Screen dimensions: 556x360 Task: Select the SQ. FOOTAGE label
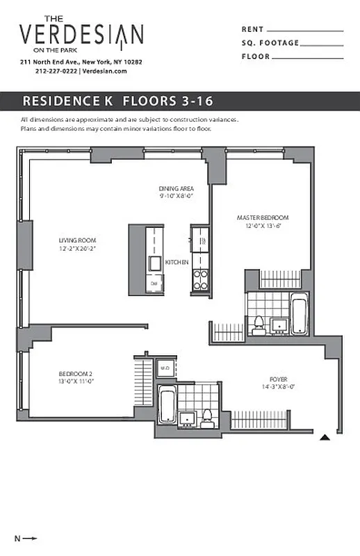[270, 43]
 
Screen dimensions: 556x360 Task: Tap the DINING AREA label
[176, 188]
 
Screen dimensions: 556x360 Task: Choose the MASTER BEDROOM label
[262, 218]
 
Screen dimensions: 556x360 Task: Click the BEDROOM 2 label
[76, 375]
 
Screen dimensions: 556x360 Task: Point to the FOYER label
[279, 379]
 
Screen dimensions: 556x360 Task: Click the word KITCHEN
[177, 262]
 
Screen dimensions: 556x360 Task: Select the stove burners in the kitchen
[200, 279]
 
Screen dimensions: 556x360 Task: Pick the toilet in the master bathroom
[259, 322]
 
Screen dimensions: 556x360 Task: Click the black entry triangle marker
[325, 438]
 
